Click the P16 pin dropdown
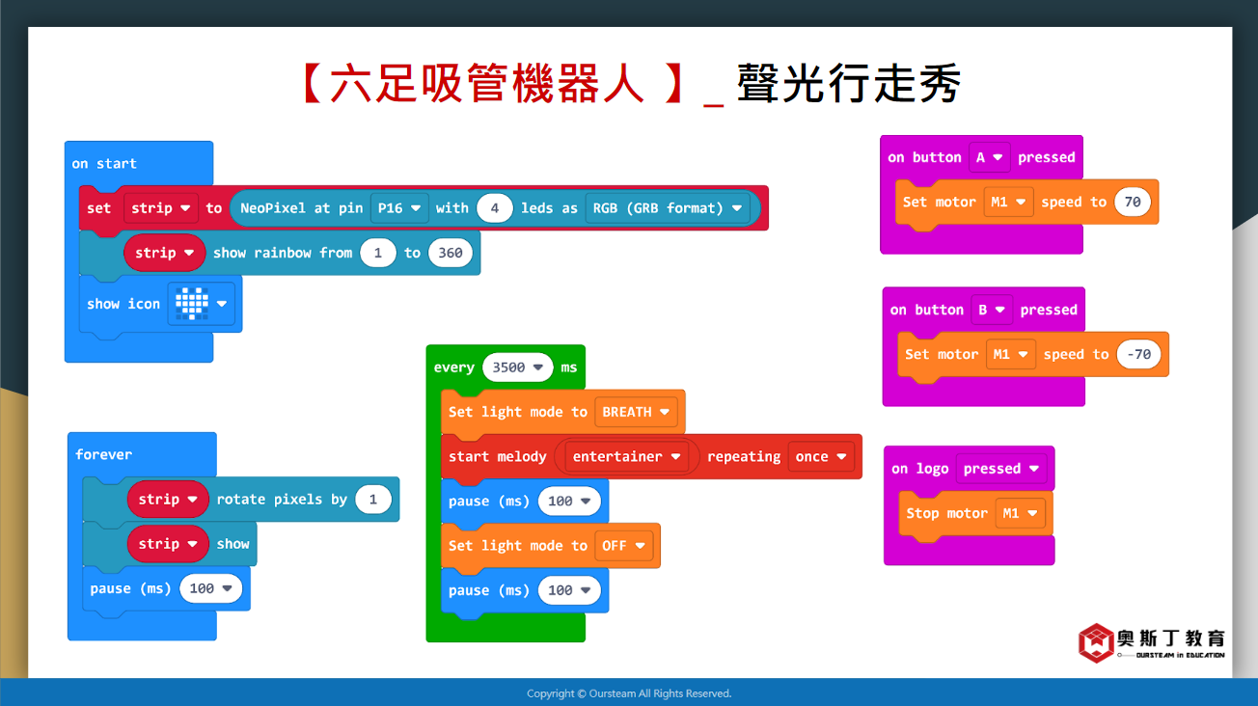399,208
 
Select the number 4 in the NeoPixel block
494,208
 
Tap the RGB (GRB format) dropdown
668,208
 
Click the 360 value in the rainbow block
450,253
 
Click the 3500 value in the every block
517,367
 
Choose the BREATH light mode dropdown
636,412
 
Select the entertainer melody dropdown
626,456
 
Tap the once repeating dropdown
821,456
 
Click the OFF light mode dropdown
623,545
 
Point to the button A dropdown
989,157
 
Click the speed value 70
1133,202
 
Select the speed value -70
1138,354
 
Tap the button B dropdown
991,310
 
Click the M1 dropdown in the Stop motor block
1020,513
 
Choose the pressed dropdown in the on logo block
1000,469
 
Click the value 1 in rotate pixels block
373,500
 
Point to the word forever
104,454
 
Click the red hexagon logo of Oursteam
1096,642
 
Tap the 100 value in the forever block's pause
210,588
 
